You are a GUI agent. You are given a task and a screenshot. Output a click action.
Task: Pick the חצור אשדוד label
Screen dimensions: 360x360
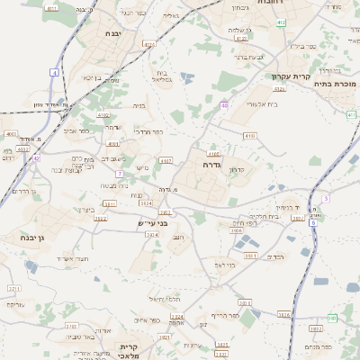(x=70, y=259)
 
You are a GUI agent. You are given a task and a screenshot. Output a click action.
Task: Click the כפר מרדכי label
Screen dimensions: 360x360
(x=148, y=131)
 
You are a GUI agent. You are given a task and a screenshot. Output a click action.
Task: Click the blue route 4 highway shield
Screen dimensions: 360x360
(x=55, y=71)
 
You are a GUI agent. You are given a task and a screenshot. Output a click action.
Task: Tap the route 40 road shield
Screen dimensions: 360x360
(x=223, y=105)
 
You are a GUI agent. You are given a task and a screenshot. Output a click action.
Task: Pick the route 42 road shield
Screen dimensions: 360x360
(x=36, y=158)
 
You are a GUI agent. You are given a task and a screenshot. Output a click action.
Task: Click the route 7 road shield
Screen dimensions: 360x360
(x=118, y=173)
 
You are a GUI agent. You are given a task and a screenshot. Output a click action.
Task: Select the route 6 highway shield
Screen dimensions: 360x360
(x=326, y=197)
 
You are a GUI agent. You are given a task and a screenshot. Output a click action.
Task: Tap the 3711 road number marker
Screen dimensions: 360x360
(x=14, y=289)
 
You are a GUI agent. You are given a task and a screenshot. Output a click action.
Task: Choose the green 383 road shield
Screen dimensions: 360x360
(x=332, y=318)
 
